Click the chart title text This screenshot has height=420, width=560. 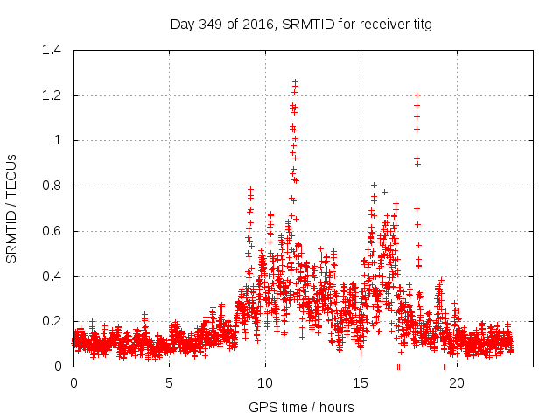[301, 24]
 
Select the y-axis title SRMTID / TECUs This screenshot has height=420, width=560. [11, 208]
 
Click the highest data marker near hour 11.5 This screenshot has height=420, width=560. [295, 82]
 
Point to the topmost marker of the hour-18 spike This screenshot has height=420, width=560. [416, 94]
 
